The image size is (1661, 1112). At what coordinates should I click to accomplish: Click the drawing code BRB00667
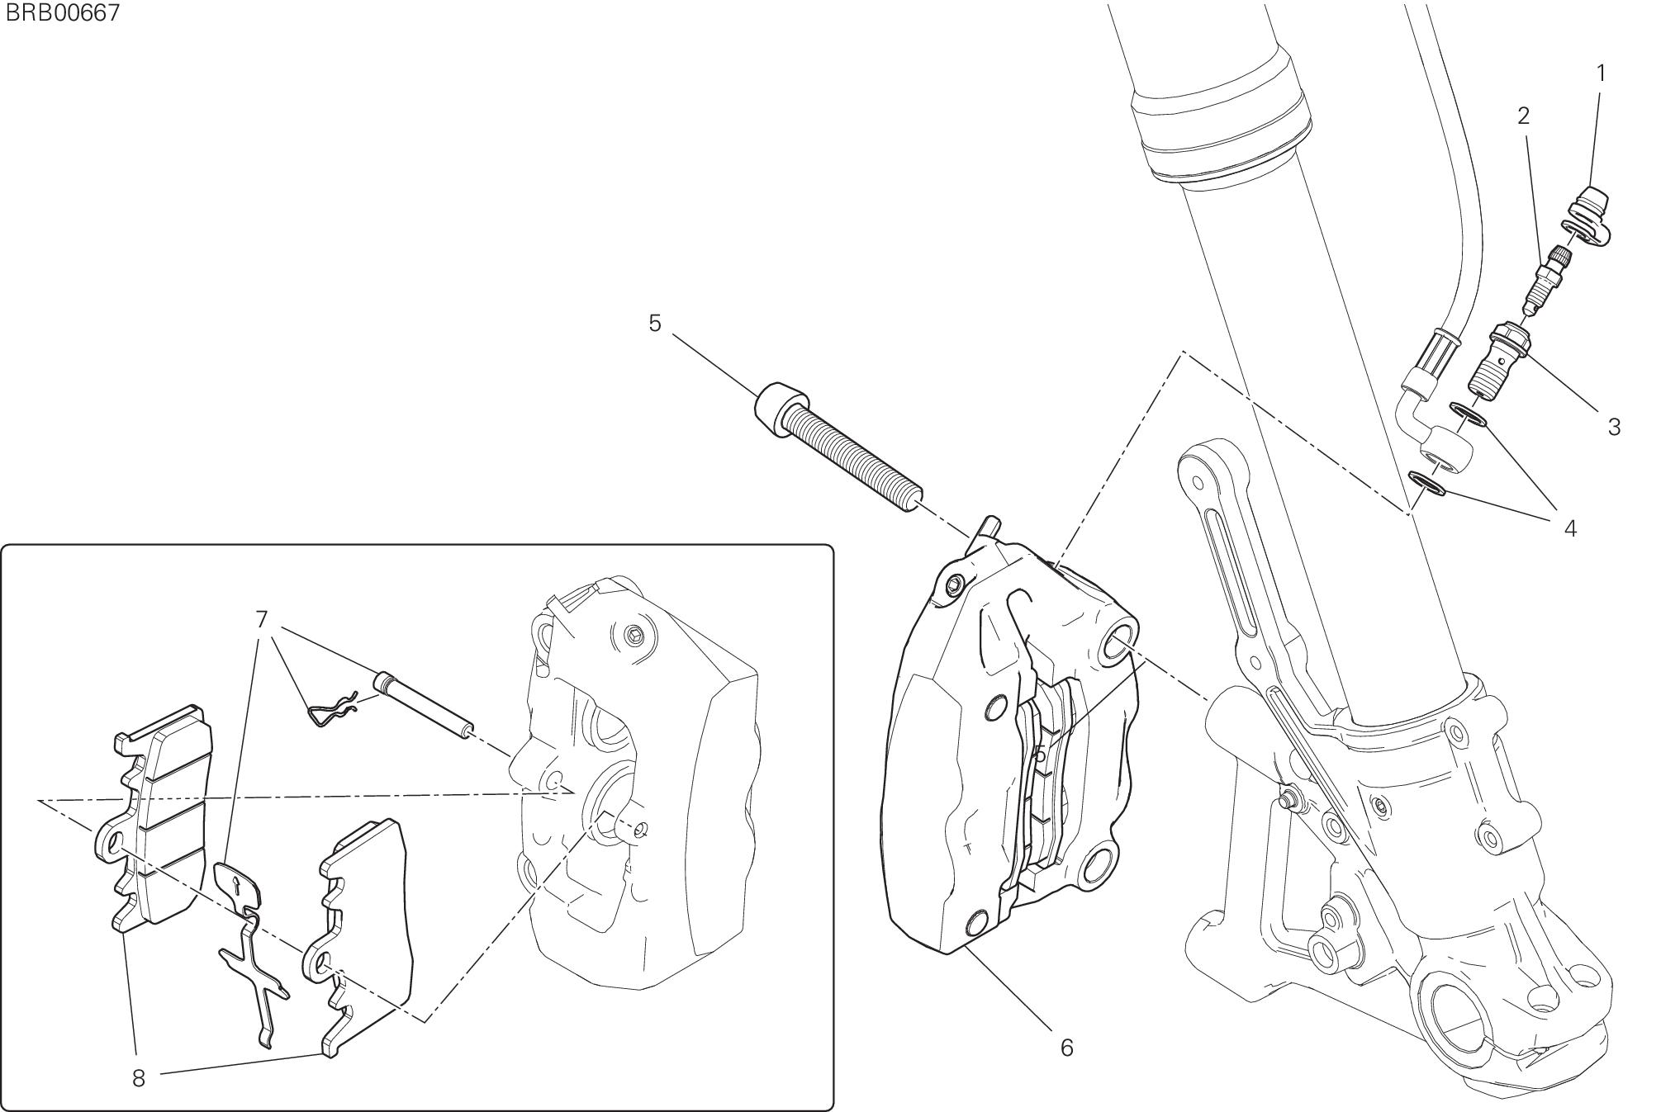click(x=61, y=13)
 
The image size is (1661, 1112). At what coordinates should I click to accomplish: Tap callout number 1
click(x=1601, y=73)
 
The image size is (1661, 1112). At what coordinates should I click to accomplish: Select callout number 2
click(x=1524, y=116)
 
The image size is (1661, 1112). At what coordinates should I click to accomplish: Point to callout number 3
click(x=1614, y=427)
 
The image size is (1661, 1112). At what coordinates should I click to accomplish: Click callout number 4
click(x=1570, y=529)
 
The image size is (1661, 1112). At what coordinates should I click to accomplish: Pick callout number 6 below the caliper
click(x=1066, y=1048)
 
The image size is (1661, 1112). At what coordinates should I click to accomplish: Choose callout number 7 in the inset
click(x=262, y=619)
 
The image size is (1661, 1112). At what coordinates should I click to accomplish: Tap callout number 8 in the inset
click(x=138, y=1078)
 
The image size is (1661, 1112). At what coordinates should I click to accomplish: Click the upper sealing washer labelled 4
click(x=1469, y=414)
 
